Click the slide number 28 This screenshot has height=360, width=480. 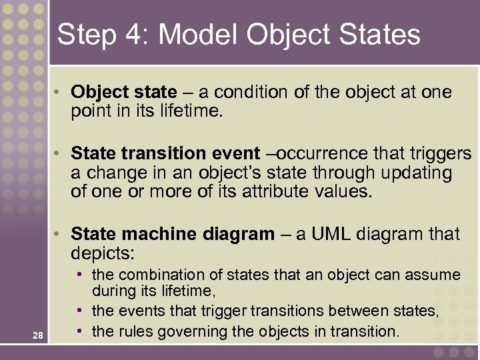click(x=37, y=336)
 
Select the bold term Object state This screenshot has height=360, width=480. click(x=124, y=92)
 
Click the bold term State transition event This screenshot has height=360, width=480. click(x=166, y=154)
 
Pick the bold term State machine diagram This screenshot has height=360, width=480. click(x=172, y=234)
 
